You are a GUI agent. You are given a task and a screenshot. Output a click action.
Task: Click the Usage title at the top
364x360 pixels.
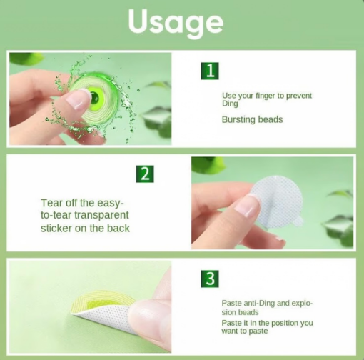[176, 23]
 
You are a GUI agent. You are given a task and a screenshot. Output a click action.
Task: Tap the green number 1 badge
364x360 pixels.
[210, 71]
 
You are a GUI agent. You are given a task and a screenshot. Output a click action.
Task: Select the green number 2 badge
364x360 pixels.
[145, 174]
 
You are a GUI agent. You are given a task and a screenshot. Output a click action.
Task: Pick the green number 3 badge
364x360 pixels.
[210, 279]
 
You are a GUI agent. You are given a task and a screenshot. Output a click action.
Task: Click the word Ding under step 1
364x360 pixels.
[230, 104]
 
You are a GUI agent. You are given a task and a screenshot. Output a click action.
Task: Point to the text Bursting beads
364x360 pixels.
[252, 119]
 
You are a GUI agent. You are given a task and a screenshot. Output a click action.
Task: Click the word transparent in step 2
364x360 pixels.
[101, 215]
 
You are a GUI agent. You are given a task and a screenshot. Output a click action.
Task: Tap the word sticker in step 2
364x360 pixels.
[56, 228]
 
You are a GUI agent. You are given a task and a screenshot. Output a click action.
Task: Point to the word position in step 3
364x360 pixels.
[283, 323]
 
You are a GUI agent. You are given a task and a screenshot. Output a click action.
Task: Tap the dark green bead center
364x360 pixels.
[94, 96]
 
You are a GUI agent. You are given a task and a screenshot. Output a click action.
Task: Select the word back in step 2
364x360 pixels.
[118, 228]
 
